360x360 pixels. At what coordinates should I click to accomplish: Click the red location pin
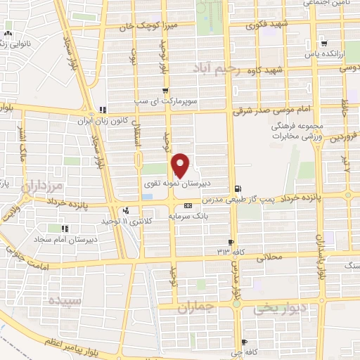(181, 165)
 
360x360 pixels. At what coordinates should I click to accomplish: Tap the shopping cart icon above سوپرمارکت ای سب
(165, 91)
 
